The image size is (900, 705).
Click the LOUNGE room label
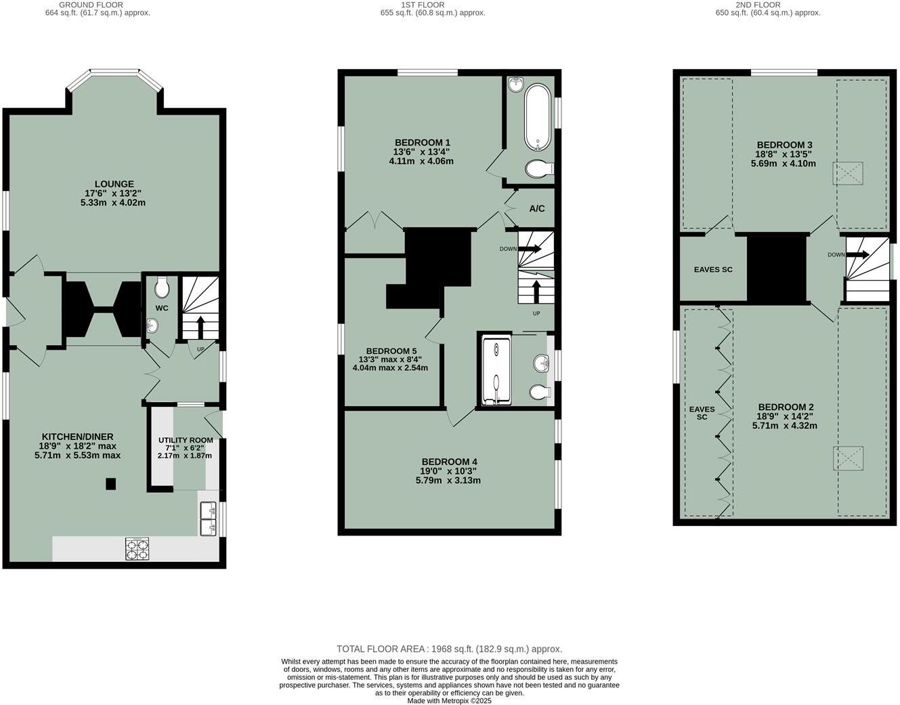click(x=114, y=184)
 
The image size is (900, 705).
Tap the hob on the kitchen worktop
click(x=137, y=548)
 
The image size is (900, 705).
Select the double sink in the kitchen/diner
click(x=208, y=519)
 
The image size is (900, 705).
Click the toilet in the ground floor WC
click(x=162, y=288)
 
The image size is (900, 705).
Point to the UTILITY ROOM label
click(x=186, y=440)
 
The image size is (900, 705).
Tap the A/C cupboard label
click(x=536, y=209)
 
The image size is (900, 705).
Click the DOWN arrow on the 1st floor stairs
click(x=530, y=249)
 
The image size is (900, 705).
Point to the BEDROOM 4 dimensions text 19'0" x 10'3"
click(x=448, y=471)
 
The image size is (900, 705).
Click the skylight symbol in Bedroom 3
click(x=848, y=174)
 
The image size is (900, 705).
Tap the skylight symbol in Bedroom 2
click(x=848, y=458)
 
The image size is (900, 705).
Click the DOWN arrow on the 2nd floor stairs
click(x=859, y=255)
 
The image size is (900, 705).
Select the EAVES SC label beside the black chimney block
click(x=713, y=270)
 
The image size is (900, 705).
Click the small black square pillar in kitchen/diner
click(x=110, y=484)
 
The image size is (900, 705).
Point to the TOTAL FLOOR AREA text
click(x=449, y=649)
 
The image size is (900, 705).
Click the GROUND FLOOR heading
click(x=91, y=5)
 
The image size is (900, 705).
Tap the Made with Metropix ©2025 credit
click(x=449, y=700)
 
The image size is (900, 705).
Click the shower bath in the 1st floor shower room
click(x=496, y=371)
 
